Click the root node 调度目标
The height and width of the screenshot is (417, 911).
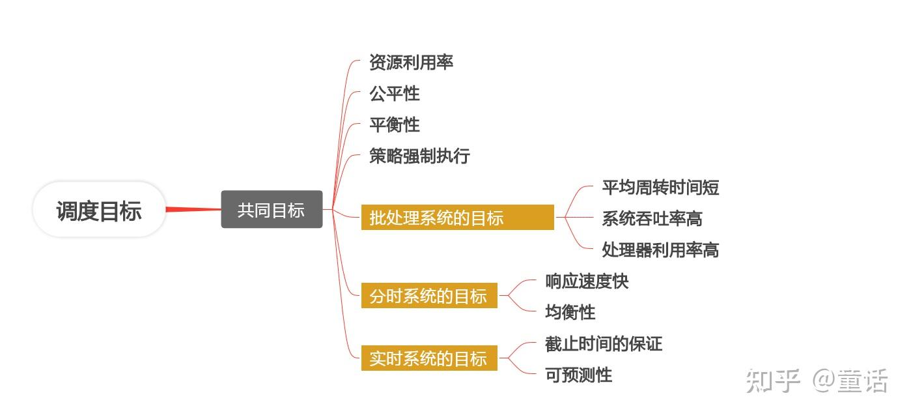pyautogui.click(x=99, y=210)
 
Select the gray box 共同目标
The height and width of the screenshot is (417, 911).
pyautogui.click(x=272, y=210)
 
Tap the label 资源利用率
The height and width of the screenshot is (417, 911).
pyautogui.click(x=411, y=63)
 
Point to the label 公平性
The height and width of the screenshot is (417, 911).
pyautogui.click(x=395, y=94)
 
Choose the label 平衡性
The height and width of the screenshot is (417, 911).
pyautogui.click(x=395, y=125)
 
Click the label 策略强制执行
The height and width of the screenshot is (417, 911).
pyautogui.click(x=419, y=156)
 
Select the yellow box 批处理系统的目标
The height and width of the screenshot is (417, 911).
pyautogui.click(x=457, y=218)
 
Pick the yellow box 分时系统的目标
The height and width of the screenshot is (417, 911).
pyautogui.click(x=429, y=296)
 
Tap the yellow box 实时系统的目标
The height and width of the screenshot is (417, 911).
pyautogui.click(x=429, y=358)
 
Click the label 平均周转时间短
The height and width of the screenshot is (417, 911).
pyautogui.click(x=660, y=188)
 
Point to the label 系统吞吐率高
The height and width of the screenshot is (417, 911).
pyautogui.click(x=652, y=219)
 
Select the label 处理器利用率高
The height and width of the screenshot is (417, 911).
pyautogui.click(x=660, y=250)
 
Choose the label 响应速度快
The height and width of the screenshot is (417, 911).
pyautogui.click(x=587, y=281)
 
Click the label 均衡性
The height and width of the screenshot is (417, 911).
pyautogui.click(x=570, y=313)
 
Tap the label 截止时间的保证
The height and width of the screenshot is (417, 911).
pyautogui.click(x=604, y=344)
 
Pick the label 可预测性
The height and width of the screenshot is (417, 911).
pyautogui.click(x=579, y=375)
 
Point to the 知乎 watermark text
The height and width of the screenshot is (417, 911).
pyautogui.click(x=773, y=381)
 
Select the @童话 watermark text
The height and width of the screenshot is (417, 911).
pyautogui.click(x=850, y=381)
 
